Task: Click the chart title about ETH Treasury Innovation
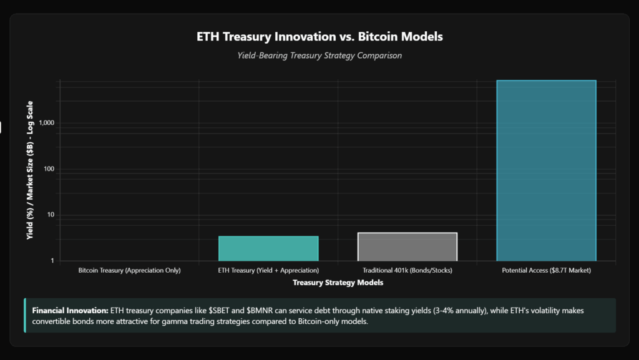(x=319, y=36)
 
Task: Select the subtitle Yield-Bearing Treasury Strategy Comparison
(x=319, y=56)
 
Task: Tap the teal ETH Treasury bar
(x=268, y=248)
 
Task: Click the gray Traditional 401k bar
(x=407, y=246)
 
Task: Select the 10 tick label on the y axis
(x=50, y=215)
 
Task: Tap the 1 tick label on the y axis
(x=52, y=261)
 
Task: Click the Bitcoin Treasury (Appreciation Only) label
(x=129, y=271)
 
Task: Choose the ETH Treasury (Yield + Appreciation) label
(x=268, y=271)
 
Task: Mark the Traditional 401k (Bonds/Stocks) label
(x=407, y=271)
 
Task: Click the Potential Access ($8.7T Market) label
(x=546, y=271)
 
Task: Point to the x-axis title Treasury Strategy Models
(x=338, y=283)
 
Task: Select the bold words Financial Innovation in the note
(x=69, y=310)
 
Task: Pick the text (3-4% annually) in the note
(x=399, y=310)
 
